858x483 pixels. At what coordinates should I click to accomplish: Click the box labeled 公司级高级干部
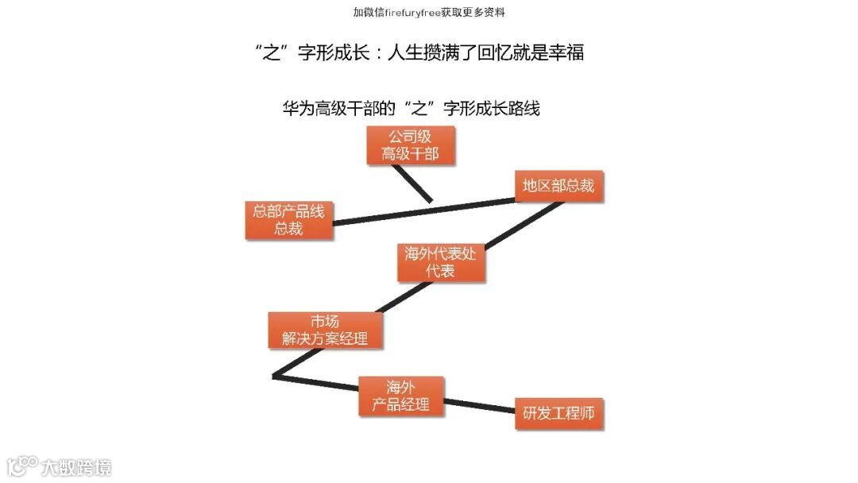410,145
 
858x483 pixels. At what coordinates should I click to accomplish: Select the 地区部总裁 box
558,186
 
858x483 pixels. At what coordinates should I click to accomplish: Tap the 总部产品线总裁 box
288,220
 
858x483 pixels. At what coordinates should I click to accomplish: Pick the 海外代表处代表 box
440,263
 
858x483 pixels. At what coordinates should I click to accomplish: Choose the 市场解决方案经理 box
325,330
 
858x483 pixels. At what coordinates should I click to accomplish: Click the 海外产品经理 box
401,396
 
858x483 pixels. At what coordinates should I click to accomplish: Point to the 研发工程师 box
558,413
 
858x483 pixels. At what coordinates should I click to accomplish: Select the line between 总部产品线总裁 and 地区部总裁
421,211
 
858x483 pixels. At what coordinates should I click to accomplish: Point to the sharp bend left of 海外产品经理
275,375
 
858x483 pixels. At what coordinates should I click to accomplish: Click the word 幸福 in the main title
567,53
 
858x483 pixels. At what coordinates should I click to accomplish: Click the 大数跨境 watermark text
77,467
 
